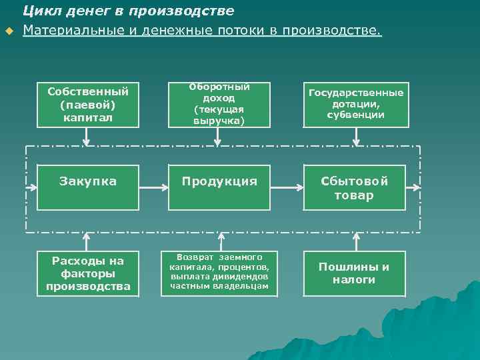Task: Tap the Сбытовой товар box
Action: [x=355, y=188]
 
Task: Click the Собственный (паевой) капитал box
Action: [x=87, y=105]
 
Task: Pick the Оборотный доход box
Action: [x=219, y=105]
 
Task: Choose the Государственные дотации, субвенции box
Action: [x=355, y=105]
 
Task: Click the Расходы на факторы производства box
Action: [x=87, y=273]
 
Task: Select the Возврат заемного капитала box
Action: [x=219, y=273]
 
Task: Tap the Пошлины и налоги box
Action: [x=355, y=273]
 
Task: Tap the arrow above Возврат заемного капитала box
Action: [x=219, y=241]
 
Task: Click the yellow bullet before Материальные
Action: [x=9, y=31]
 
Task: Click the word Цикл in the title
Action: [x=39, y=11]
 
